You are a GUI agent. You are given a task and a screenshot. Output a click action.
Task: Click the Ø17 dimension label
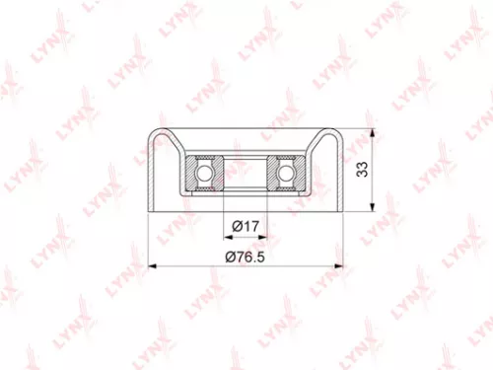pos(246,227)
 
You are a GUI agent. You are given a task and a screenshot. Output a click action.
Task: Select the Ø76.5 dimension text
pos(246,257)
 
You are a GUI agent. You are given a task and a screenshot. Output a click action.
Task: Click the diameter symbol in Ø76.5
pos(230,257)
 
